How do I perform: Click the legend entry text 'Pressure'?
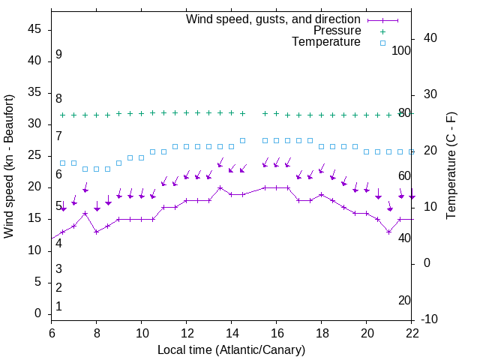[x=337, y=31]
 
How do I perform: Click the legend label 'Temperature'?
[x=326, y=42]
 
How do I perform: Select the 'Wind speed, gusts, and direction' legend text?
[x=274, y=19]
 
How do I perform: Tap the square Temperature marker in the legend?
[x=382, y=43]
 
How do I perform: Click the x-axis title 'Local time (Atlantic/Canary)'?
[x=232, y=349]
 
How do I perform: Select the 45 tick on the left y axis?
[x=34, y=29]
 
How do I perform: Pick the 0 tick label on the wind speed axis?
[x=37, y=313]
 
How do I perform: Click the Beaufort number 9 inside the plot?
[x=58, y=55]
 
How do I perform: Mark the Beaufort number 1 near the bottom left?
[x=58, y=306]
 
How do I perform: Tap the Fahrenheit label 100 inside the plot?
[x=402, y=50]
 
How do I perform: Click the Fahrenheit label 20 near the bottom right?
[x=405, y=300]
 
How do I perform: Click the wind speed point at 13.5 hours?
[x=220, y=188]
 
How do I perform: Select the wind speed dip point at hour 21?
[x=389, y=232]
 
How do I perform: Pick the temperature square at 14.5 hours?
[x=243, y=140]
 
